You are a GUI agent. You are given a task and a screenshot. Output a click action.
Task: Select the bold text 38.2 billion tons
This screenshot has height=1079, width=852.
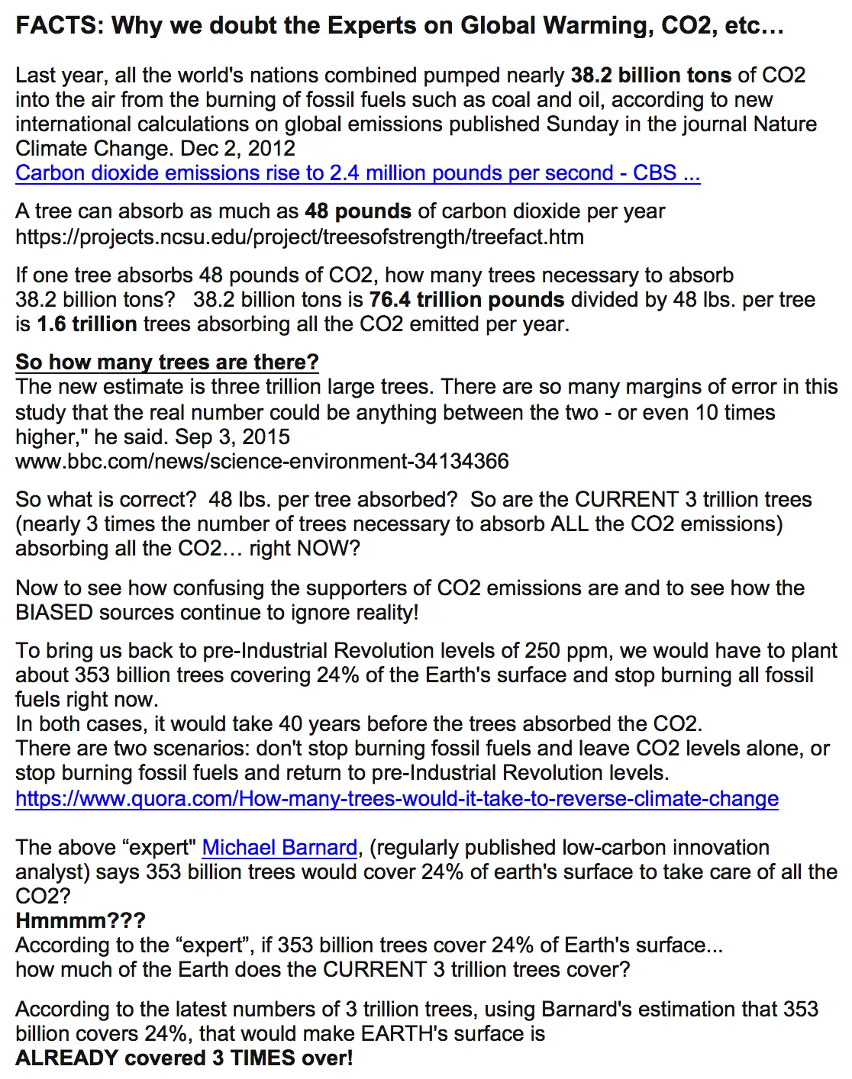[650, 76]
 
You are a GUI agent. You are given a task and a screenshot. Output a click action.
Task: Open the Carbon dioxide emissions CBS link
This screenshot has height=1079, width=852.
[357, 173]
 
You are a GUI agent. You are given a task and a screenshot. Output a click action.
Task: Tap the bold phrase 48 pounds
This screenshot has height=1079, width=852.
[358, 211]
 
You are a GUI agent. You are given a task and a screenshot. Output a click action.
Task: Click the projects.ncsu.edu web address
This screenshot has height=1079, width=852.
[299, 237]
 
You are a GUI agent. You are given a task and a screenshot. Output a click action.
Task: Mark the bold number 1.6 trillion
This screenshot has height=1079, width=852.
[87, 324]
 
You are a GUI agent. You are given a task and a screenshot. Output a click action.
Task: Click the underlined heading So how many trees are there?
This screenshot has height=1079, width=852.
[166, 362]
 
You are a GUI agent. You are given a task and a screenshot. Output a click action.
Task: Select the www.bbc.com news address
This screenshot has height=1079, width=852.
[262, 462]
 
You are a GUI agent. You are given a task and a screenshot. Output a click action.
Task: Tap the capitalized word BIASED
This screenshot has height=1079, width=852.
[53, 613]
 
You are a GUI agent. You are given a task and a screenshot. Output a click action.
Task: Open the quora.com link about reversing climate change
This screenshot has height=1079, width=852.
[396, 799]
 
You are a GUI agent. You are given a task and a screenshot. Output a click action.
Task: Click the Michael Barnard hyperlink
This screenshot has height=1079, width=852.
[279, 848]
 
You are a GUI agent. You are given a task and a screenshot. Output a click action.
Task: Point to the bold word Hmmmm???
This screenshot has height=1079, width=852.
[80, 921]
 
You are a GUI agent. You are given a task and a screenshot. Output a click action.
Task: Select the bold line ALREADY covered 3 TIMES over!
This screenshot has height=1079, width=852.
[184, 1058]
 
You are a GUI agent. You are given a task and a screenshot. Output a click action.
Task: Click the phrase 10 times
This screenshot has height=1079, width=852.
[734, 413]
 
